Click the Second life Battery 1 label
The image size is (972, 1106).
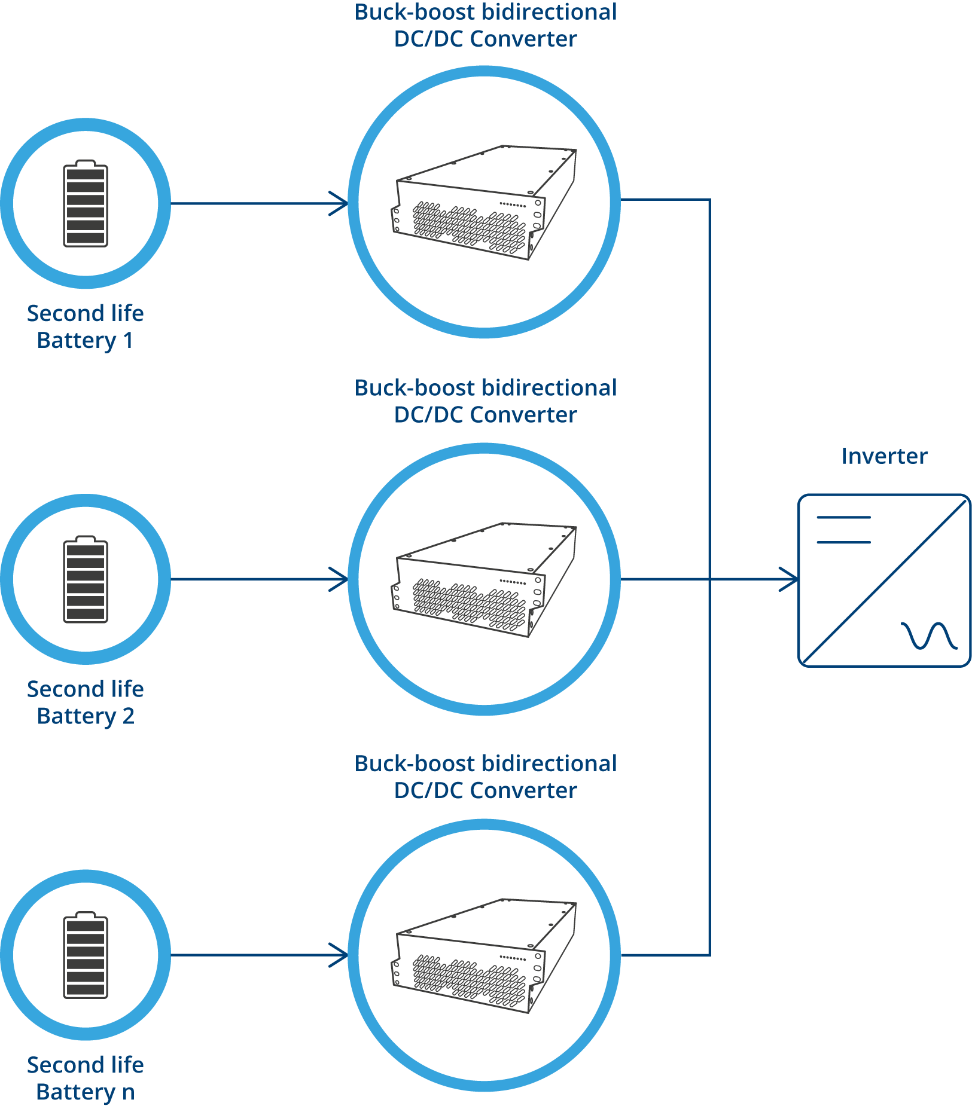86,326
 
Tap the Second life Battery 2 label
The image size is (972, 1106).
86,702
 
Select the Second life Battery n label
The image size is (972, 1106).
86,1078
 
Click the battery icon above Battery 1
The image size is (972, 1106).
86,203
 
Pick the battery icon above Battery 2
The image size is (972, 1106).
86,579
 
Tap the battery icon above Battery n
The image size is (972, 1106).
86,955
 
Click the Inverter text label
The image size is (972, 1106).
884,456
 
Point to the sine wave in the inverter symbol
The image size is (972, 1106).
929,636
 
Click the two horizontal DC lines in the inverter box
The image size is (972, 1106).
843,530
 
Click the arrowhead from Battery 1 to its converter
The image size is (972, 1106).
339,203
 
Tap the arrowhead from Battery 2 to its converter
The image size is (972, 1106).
339,579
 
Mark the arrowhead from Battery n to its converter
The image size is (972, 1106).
339,955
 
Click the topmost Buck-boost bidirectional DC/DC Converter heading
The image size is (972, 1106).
485,25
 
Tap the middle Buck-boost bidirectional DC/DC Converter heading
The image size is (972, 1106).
485,401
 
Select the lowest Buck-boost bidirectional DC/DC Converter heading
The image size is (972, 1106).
485,777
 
